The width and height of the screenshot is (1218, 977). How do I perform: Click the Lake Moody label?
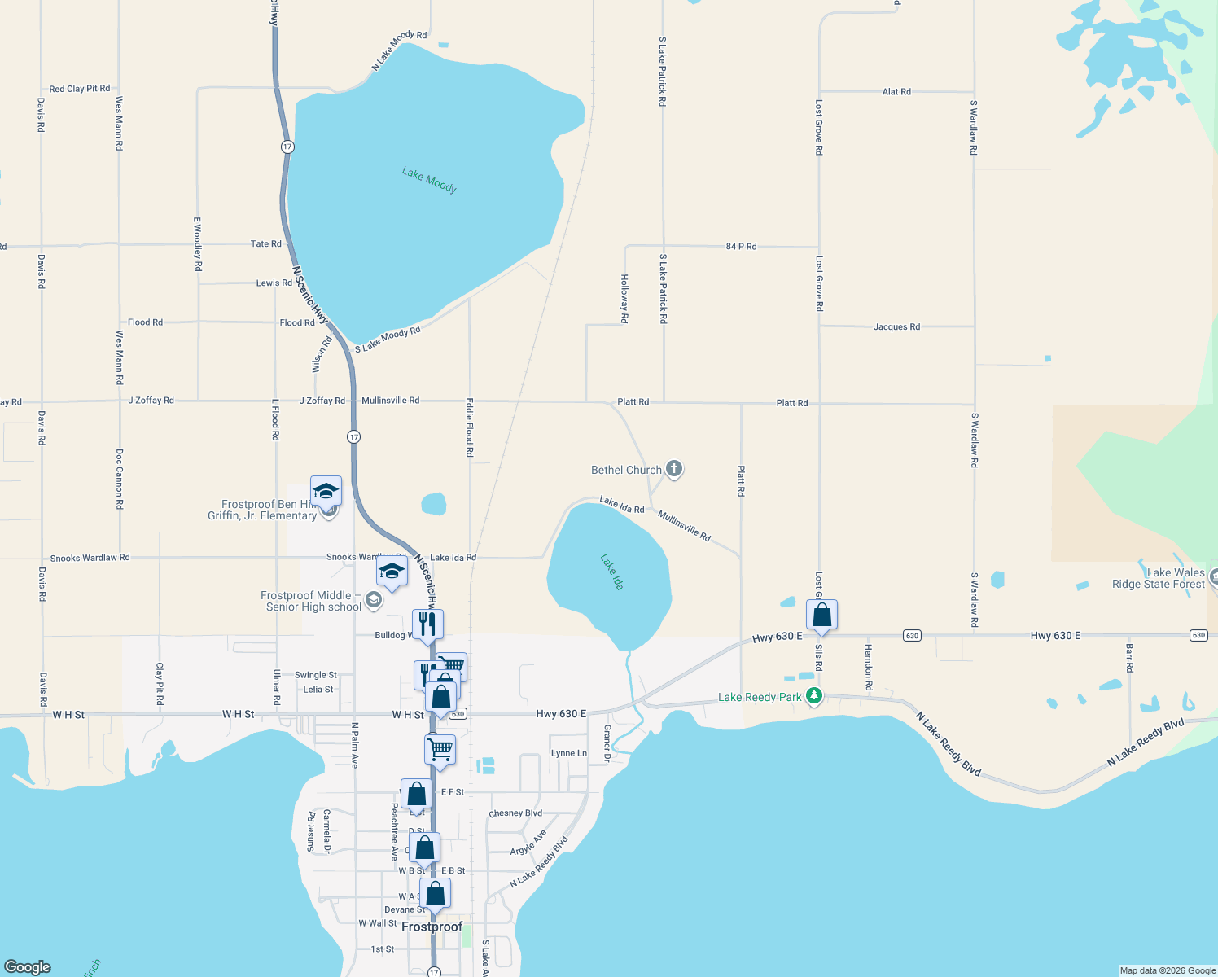tap(429, 180)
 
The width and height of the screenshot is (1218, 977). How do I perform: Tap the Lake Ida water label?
tap(612, 572)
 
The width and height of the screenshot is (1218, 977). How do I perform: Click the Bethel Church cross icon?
tap(673, 469)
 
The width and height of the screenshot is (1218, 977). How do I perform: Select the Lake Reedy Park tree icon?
tap(813, 696)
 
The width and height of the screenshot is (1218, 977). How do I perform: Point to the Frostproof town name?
tap(432, 927)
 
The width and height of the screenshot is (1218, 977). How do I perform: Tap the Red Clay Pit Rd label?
tap(79, 89)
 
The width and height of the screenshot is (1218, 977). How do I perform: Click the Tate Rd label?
tap(265, 243)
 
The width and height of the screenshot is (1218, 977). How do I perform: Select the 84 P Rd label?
tap(741, 246)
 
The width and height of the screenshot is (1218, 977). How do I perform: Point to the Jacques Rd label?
tap(896, 326)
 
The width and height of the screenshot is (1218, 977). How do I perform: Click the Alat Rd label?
tap(896, 92)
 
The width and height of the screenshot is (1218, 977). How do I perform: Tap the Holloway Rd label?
tap(624, 299)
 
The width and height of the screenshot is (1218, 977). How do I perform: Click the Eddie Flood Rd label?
tap(469, 427)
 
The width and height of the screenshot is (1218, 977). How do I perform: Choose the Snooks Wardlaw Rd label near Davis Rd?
tap(90, 558)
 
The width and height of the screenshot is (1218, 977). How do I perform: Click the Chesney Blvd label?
tap(515, 813)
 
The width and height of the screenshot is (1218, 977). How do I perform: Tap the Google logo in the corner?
tap(28, 966)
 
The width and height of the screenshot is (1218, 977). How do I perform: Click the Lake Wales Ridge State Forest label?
tap(1159, 578)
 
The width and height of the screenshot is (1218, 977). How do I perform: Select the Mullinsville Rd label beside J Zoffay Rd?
tap(390, 401)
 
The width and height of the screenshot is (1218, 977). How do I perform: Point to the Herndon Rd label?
tap(868, 668)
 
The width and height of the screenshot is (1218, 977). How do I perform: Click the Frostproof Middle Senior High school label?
tap(310, 601)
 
